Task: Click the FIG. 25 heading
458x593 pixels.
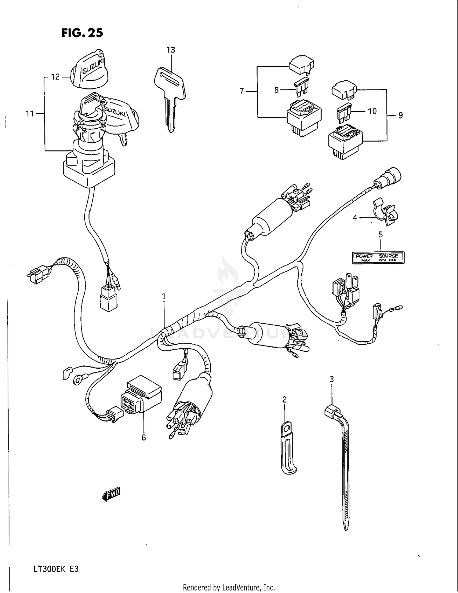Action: pos(82,33)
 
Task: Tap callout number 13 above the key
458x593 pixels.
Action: pos(171,50)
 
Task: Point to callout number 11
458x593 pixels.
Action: pos(30,114)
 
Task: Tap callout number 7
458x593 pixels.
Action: pos(242,91)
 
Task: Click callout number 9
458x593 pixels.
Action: pos(400,115)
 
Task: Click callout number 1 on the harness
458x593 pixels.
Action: pos(164,296)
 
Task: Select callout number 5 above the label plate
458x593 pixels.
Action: pos(380,235)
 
